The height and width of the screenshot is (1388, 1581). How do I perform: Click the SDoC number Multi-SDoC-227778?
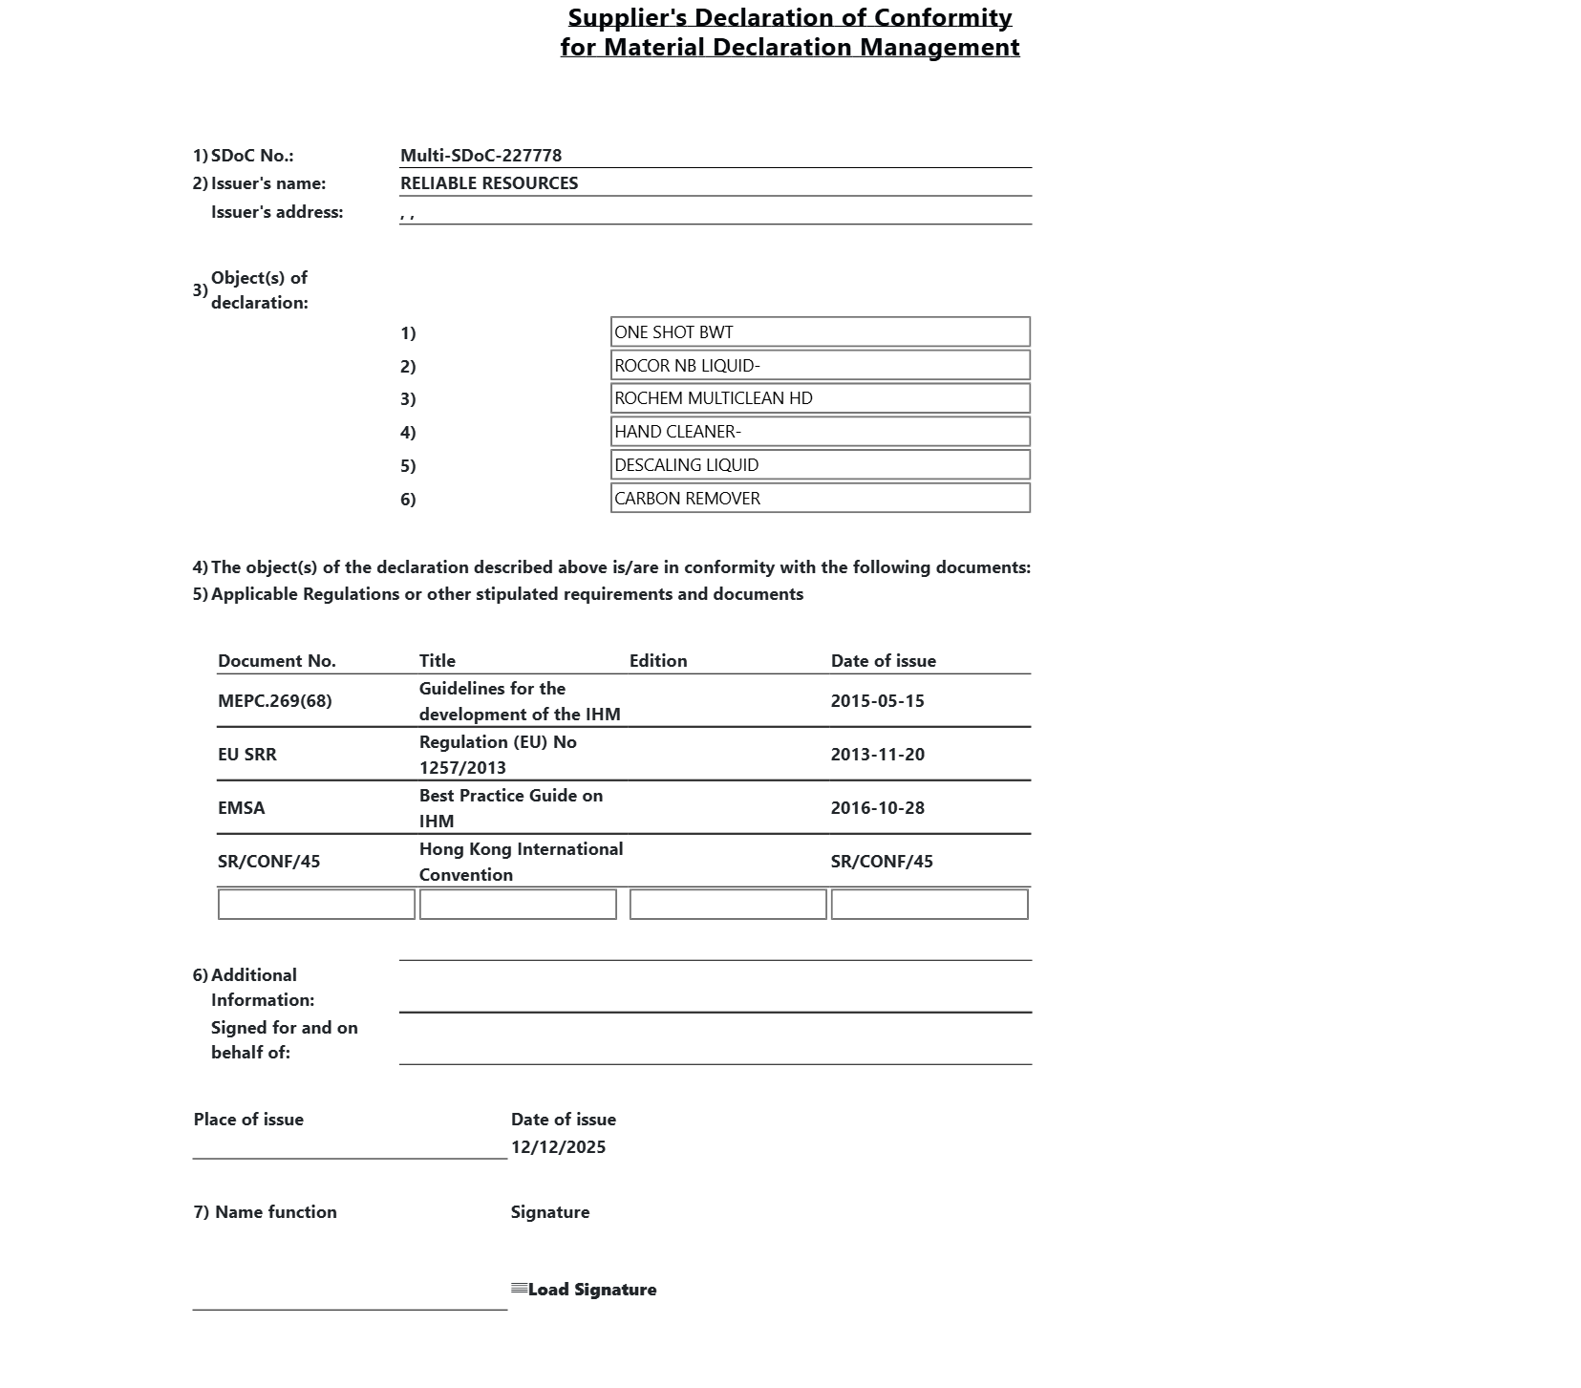click(481, 156)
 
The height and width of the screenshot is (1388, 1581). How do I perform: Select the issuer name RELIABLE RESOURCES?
click(489, 183)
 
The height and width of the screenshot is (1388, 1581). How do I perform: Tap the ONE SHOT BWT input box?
click(820, 332)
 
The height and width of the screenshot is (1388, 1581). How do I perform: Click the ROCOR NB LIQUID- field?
click(820, 366)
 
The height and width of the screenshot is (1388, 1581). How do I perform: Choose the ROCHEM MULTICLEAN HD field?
click(820, 398)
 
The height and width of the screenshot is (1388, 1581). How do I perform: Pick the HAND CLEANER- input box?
click(820, 432)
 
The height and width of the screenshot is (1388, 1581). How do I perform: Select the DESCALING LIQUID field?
click(820, 465)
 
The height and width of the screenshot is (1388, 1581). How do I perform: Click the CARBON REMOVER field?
click(820, 499)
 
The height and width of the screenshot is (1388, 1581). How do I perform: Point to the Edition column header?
click(658, 661)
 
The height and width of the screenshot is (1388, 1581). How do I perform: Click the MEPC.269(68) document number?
click(275, 701)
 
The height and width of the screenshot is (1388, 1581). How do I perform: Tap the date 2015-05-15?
click(877, 701)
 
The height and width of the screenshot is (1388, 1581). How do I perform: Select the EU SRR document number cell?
click(247, 755)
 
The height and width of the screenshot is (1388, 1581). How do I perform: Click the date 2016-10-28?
click(877, 808)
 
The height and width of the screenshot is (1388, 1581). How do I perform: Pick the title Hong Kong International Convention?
click(521, 862)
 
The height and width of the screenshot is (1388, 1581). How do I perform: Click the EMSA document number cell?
click(242, 808)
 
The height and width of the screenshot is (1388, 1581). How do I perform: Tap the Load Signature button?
click(585, 1290)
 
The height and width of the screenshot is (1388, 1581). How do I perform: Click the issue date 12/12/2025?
click(558, 1147)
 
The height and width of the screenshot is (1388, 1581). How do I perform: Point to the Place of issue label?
click(248, 1120)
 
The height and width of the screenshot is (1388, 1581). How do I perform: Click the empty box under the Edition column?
click(728, 905)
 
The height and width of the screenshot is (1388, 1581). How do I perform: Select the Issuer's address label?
click(277, 212)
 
